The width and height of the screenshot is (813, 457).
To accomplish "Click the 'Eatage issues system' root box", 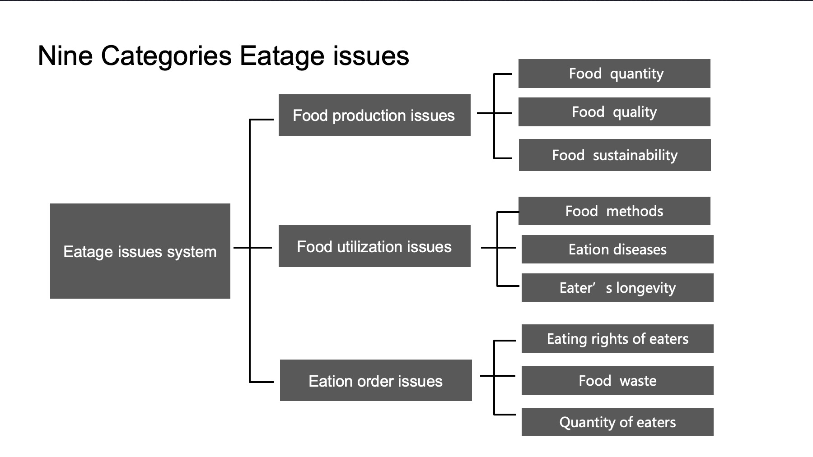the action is coord(140,251).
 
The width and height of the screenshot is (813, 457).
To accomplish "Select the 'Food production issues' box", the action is coord(374,115).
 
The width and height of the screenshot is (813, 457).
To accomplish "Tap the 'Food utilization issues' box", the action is coord(374,246).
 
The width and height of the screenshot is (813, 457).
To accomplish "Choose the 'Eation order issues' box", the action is coord(376,380).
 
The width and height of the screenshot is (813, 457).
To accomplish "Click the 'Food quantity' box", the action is coord(614,74).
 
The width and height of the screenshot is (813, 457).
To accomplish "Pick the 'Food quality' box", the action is coord(614,112).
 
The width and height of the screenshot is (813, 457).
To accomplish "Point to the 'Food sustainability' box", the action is coord(615,155).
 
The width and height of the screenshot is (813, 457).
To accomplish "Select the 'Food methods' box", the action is coord(614,211).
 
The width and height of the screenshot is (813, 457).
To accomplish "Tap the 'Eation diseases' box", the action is coord(617,249).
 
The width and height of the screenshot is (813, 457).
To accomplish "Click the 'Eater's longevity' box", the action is coord(617,288).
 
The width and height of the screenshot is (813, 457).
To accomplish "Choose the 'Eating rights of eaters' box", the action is coord(617,339).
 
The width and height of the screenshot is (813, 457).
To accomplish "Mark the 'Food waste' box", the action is coord(617,380).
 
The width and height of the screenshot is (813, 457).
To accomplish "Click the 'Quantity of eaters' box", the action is coord(617,422).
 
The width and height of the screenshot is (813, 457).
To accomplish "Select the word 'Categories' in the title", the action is coord(166,57).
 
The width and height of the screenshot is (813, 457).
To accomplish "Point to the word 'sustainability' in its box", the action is coord(635,156).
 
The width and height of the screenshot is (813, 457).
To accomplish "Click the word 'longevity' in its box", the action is coord(646,288).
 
